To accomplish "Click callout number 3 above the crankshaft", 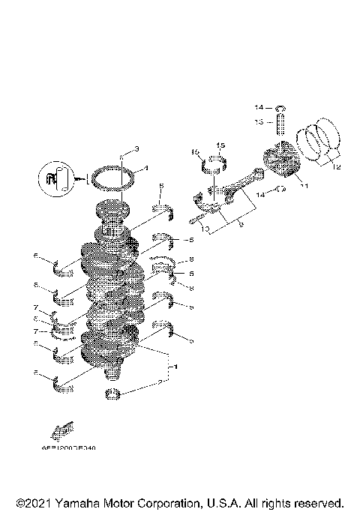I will click(137, 148).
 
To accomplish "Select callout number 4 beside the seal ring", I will click(145, 168).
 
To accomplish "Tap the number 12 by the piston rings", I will click(335, 167).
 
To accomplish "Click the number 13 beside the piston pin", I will click(256, 121).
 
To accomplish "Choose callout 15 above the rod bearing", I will click(221, 145).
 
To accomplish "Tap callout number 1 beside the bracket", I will click(176, 367).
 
